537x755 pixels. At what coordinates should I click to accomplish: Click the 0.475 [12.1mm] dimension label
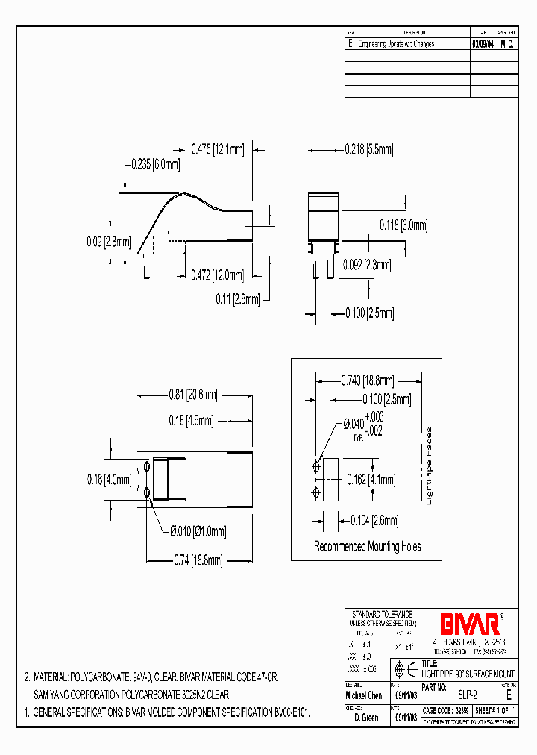coord(218,149)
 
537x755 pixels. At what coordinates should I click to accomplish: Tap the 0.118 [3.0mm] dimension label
coord(403,225)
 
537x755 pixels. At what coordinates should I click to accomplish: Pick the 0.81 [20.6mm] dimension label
coord(192,395)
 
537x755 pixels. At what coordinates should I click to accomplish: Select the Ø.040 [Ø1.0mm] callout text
coord(198,531)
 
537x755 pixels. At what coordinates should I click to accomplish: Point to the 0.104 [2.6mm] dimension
coord(374,521)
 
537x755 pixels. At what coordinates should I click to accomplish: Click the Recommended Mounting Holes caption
coord(367,546)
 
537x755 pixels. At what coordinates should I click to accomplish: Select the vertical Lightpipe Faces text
coord(429,466)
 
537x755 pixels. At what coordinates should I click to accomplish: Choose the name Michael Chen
coord(365,694)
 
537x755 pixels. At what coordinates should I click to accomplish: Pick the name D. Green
coord(365,717)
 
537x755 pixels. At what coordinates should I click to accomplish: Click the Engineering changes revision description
coord(397,44)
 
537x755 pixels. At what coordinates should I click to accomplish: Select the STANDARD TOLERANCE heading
coord(382,614)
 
